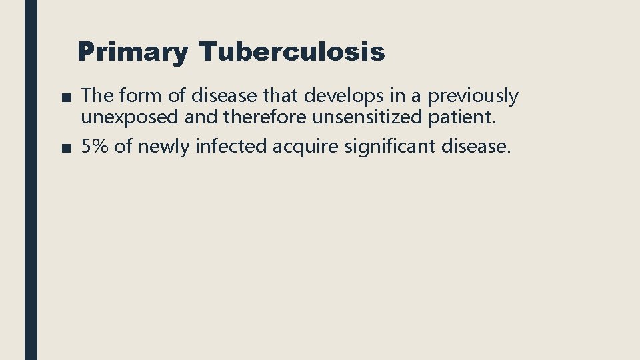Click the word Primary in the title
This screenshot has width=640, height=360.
(133, 52)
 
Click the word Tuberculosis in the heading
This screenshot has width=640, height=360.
(291, 51)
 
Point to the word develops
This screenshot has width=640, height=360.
(339, 97)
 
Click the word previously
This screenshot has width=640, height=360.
(472, 97)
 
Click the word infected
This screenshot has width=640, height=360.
(231, 147)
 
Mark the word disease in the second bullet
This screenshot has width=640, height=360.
(476, 147)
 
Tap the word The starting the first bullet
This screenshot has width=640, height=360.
(97, 96)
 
